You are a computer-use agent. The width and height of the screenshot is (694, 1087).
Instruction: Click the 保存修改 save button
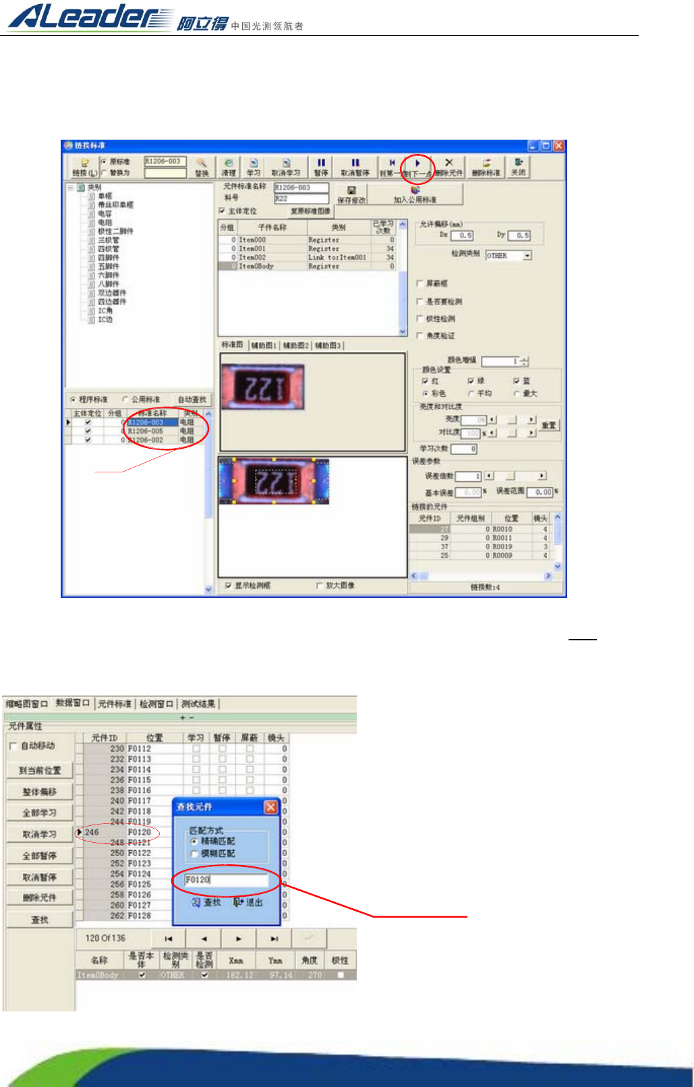[351, 194]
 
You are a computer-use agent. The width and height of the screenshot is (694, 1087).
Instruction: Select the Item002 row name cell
[252, 257]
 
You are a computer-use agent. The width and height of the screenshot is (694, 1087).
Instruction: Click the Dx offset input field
[462, 235]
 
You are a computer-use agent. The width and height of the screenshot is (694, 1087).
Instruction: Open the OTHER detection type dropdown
[527, 256]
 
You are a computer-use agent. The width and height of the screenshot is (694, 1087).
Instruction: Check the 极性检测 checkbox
[420, 318]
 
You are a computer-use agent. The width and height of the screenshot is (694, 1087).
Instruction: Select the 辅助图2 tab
[295, 345]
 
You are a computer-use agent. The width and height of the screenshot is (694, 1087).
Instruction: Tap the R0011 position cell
[502, 538]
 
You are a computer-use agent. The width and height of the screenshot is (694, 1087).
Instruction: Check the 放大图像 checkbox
[320, 586]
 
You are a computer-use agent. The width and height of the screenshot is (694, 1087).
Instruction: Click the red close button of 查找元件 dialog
[270, 807]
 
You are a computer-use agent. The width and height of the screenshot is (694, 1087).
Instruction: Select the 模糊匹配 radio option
[195, 854]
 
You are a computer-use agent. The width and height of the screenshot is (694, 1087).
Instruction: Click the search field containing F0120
[226, 880]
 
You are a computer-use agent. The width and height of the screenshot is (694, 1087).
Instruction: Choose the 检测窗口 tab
[156, 704]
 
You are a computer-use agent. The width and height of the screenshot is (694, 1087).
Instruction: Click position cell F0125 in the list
[140, 884]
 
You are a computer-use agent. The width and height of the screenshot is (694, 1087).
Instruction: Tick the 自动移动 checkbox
[13, 746]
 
